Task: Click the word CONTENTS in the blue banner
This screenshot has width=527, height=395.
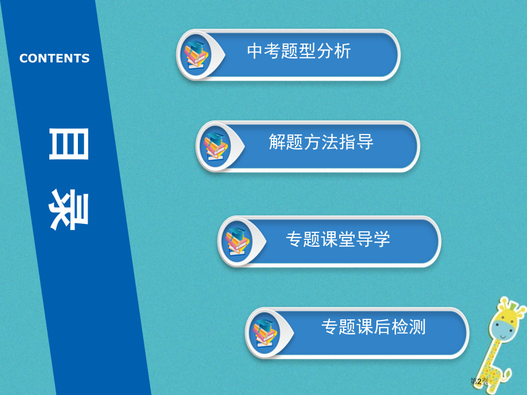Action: [x=54, y=58]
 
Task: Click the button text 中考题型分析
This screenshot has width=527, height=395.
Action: [x=298, y=52]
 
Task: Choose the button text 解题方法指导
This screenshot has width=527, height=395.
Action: [x=321, y=141]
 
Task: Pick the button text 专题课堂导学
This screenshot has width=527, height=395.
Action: [x=338, y=239]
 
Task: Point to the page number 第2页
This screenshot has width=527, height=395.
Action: [x=479, y=381]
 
